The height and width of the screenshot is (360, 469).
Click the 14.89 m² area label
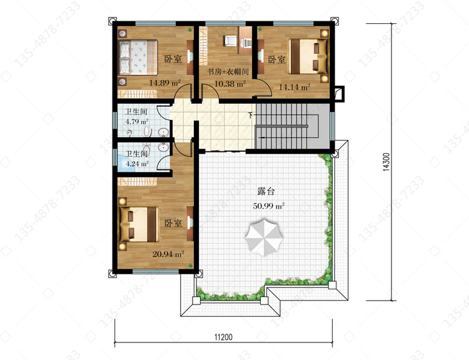pos(164,83)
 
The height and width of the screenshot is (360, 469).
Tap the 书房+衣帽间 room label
pos(228,72)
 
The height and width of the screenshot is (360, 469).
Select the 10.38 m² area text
pos(230,84)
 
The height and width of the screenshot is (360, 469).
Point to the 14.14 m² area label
pos(295,87)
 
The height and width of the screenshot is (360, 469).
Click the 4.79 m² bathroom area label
pos(137,122)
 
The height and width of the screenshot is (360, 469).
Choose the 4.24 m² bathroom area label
pos(137,164)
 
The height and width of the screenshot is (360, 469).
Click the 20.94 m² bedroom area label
pos(168,254)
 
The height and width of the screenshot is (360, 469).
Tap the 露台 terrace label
pos(266,191)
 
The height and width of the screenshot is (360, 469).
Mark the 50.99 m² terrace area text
pos(268,206)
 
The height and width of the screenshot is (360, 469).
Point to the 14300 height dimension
pos(386,162)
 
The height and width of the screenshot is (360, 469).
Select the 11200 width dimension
pos(223,337)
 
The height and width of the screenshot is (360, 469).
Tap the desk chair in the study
pos(229,41)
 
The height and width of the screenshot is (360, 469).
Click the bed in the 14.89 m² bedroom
pos(138,57)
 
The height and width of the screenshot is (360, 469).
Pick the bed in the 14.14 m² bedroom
pos(308,56)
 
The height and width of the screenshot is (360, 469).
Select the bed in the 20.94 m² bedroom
pos(139,224)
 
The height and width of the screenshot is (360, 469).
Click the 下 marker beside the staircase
pos(251,115)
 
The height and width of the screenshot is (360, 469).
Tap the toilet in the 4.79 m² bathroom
pos(146,131)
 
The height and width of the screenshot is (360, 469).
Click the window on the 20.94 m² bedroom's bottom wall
pos(156,271)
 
